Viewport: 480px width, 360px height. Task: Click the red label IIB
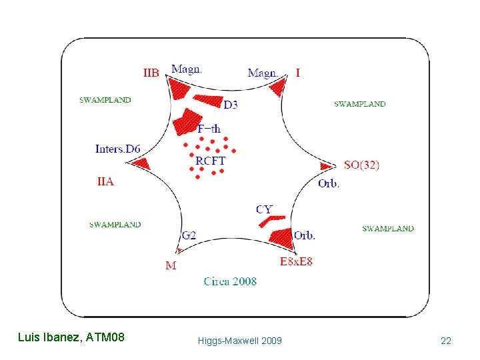pos(151,73)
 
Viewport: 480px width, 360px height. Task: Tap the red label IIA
pos(105,181)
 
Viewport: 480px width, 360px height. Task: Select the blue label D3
pos(231,105)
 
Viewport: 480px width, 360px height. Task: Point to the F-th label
pos(209,129)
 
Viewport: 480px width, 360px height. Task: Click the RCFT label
pos(210,161)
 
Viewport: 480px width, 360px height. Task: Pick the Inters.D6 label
pos(117,149)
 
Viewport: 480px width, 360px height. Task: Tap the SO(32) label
pos(361,165)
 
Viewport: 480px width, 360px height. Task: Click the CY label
pos(264,209)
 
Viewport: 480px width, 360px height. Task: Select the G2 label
pos(189,235)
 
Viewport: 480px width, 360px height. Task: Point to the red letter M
pos(171,265)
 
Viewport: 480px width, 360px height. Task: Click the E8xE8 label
pos(296,261)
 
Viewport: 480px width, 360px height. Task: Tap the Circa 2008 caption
pos(230,281)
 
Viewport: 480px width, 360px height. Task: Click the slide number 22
pos(446,341)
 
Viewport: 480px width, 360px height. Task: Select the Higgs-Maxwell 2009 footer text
pos(240,341)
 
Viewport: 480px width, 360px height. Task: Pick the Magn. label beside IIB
pos(187,69)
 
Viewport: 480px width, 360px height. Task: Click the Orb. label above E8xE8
pos(304,235)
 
